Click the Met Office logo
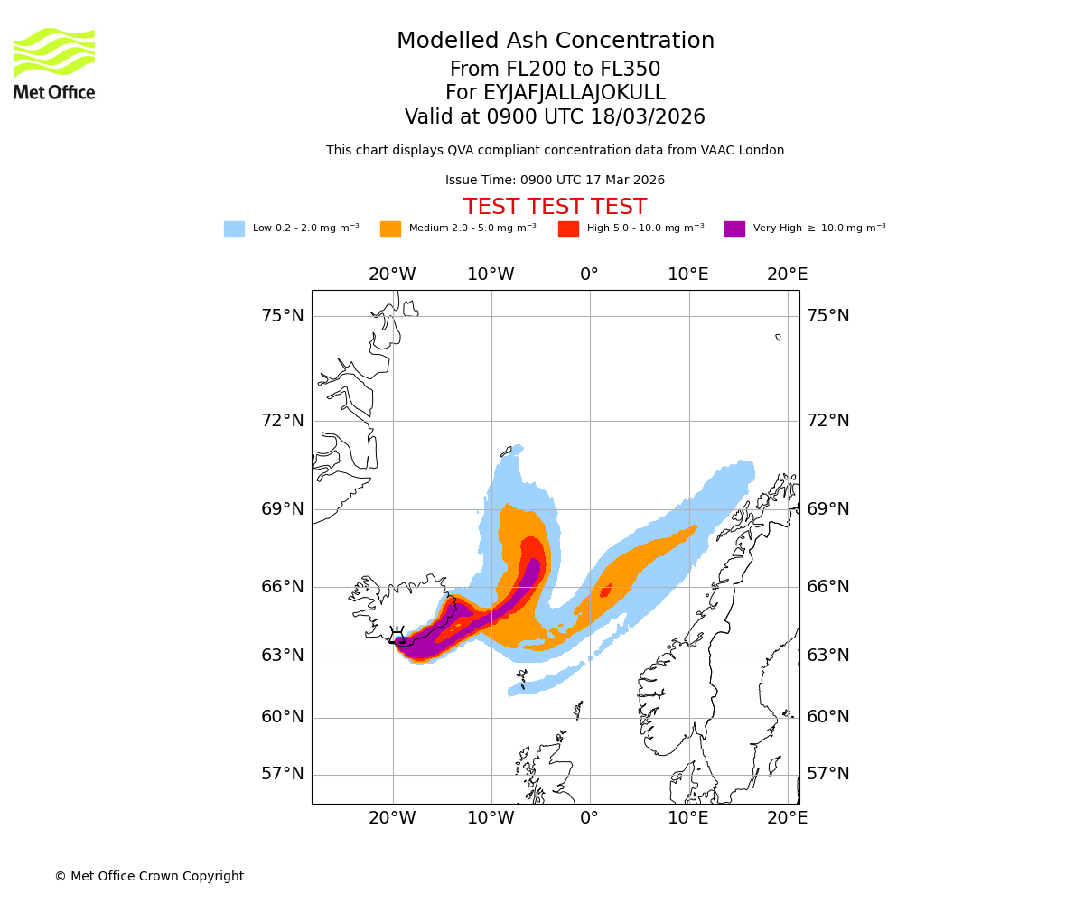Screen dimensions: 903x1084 click(x=54, y=63)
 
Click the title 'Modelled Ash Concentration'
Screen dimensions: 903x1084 click(x=555, y=42)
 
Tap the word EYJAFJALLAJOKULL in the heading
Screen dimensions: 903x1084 click(x=575, y=93)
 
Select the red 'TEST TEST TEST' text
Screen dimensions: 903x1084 click(x=555, y=208)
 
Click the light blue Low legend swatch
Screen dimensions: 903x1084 click(x=234, y=229)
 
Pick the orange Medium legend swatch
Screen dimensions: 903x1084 click(x=390, y=229)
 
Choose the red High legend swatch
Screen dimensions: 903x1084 click(x=568, y=229)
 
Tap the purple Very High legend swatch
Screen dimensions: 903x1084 click(x=734, y=229)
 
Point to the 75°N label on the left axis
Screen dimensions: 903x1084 click(x=283, y=316)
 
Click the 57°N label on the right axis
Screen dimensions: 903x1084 click(x=828, y=774)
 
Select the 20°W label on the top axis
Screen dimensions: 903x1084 click(x=392, y=275)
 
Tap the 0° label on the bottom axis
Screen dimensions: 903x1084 click(x=589, y=818)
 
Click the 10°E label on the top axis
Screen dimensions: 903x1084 click(x=688, y=275)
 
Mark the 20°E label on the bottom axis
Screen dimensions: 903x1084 click(x=788, y=818)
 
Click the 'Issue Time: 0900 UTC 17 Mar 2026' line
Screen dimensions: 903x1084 click(x=555, y=181)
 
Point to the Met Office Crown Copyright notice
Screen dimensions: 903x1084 click(x=149, y=877)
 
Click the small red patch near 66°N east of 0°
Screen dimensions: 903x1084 click(x=605, y=591)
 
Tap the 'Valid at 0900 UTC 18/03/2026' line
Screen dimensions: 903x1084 click(x=555, y=117)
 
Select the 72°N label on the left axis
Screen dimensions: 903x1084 click(x=283, y=421)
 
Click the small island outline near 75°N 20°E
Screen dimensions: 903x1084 click(x=778, y=337)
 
